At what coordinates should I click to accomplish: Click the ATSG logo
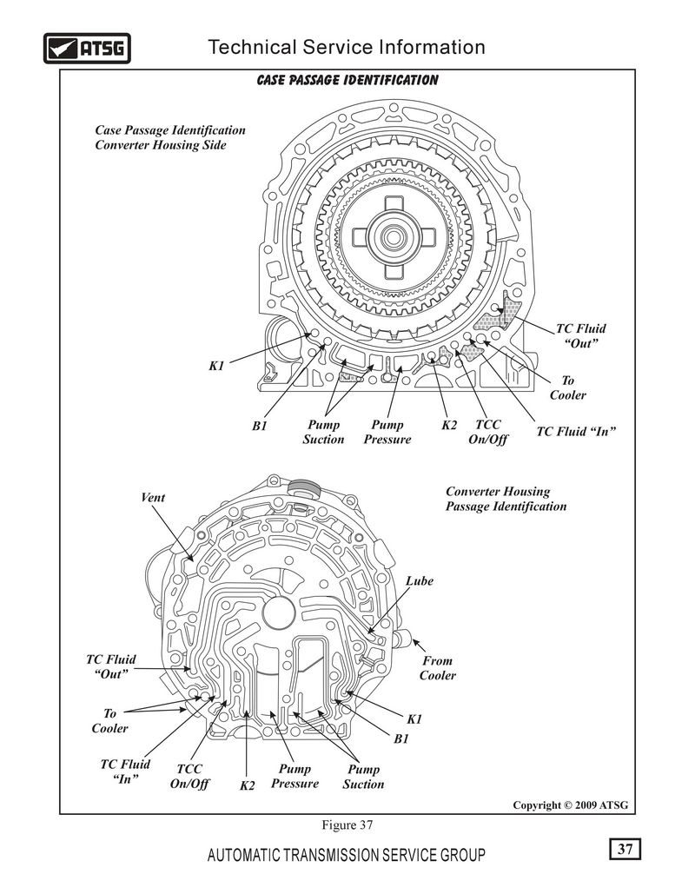pyautogui.click(x=87, y=48)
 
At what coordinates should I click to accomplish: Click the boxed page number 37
pyautogui.click(x=625, y=849)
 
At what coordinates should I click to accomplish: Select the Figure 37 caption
pyautogui.click(x=347, y=825)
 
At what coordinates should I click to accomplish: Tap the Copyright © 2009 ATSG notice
pyautogui.click(x=570, y=805)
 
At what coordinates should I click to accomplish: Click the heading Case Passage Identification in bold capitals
pyautogui.click(x=347, y=81)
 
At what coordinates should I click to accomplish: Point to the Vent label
pyautogui.click(x=153, y=497)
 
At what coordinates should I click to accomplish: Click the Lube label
pyautogui.click(x=419, y=581)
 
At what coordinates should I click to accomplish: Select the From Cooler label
pyautogui.click(x=437, y=667)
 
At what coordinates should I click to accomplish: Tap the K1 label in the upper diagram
pyautogui.click(x=216, y=366)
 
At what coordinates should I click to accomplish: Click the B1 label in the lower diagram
pyautogui.click(x=401, y=738)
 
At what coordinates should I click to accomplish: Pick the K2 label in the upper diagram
pyautogui.click(x=449, y=426)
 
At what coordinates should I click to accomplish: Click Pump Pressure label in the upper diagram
pyautogui.click(x=387, y=432)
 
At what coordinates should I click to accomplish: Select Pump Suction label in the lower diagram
pyautogui.click(x=363, y=777)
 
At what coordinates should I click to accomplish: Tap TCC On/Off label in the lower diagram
pyautogui.click(x=189, y=776)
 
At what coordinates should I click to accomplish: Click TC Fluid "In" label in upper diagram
pyautogui.click(x=576, y=432)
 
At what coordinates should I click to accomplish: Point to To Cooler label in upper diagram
pyautogui.click(x=567, y=387)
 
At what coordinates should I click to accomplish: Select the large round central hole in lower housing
pyautogui.click(x=280, y=613)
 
